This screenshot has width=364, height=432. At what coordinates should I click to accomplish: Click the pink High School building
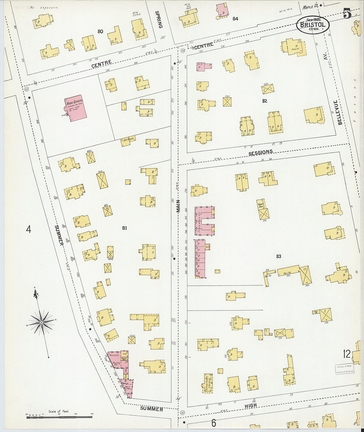pos(76,109)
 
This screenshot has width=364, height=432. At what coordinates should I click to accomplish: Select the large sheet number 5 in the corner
pos(347,15)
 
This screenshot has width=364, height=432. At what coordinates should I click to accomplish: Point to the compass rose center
pos(41,322)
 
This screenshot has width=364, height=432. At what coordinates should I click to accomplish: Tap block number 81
pos(124,228)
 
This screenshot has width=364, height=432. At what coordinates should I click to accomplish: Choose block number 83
pos(278,256)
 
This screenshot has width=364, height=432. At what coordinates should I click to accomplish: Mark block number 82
pos(264,101)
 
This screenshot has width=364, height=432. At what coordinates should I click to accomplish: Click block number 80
pos(100,31)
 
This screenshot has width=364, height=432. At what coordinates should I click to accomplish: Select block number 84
pos(235,19)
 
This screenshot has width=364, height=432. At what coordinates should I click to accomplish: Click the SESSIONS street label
pos(260,153)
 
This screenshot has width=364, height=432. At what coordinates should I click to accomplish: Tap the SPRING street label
pos(158,20)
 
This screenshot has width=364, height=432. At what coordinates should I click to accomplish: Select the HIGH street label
pos(250,406)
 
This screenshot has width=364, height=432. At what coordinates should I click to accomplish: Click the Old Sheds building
pos(128,140)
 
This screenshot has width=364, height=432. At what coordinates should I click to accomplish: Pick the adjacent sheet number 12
pos(346,354)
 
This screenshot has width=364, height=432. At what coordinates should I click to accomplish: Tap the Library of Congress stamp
pos(344,369)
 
